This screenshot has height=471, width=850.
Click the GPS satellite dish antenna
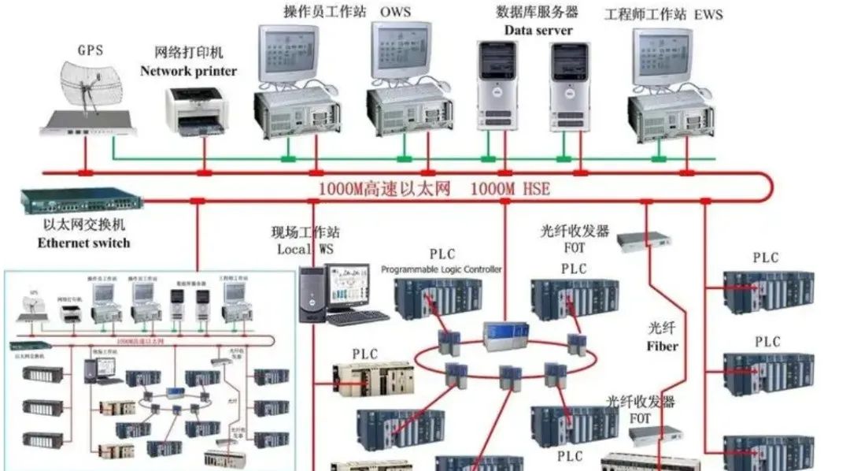[87, 85]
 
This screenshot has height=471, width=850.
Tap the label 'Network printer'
[189, 71]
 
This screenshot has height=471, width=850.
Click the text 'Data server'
[538, 30]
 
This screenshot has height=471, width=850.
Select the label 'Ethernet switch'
[83, 243]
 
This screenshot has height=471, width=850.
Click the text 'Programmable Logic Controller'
[441, 269]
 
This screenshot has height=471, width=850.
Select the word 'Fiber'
[662, 346]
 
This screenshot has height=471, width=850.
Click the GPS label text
[90, 49]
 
